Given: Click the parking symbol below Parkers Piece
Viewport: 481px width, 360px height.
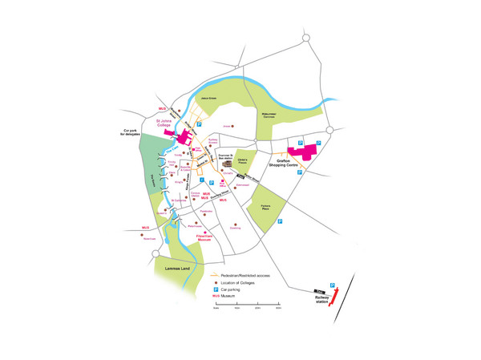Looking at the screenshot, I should click(x=280, y=221).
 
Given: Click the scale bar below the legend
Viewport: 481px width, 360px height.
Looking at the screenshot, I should click(x=247, y=303).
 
